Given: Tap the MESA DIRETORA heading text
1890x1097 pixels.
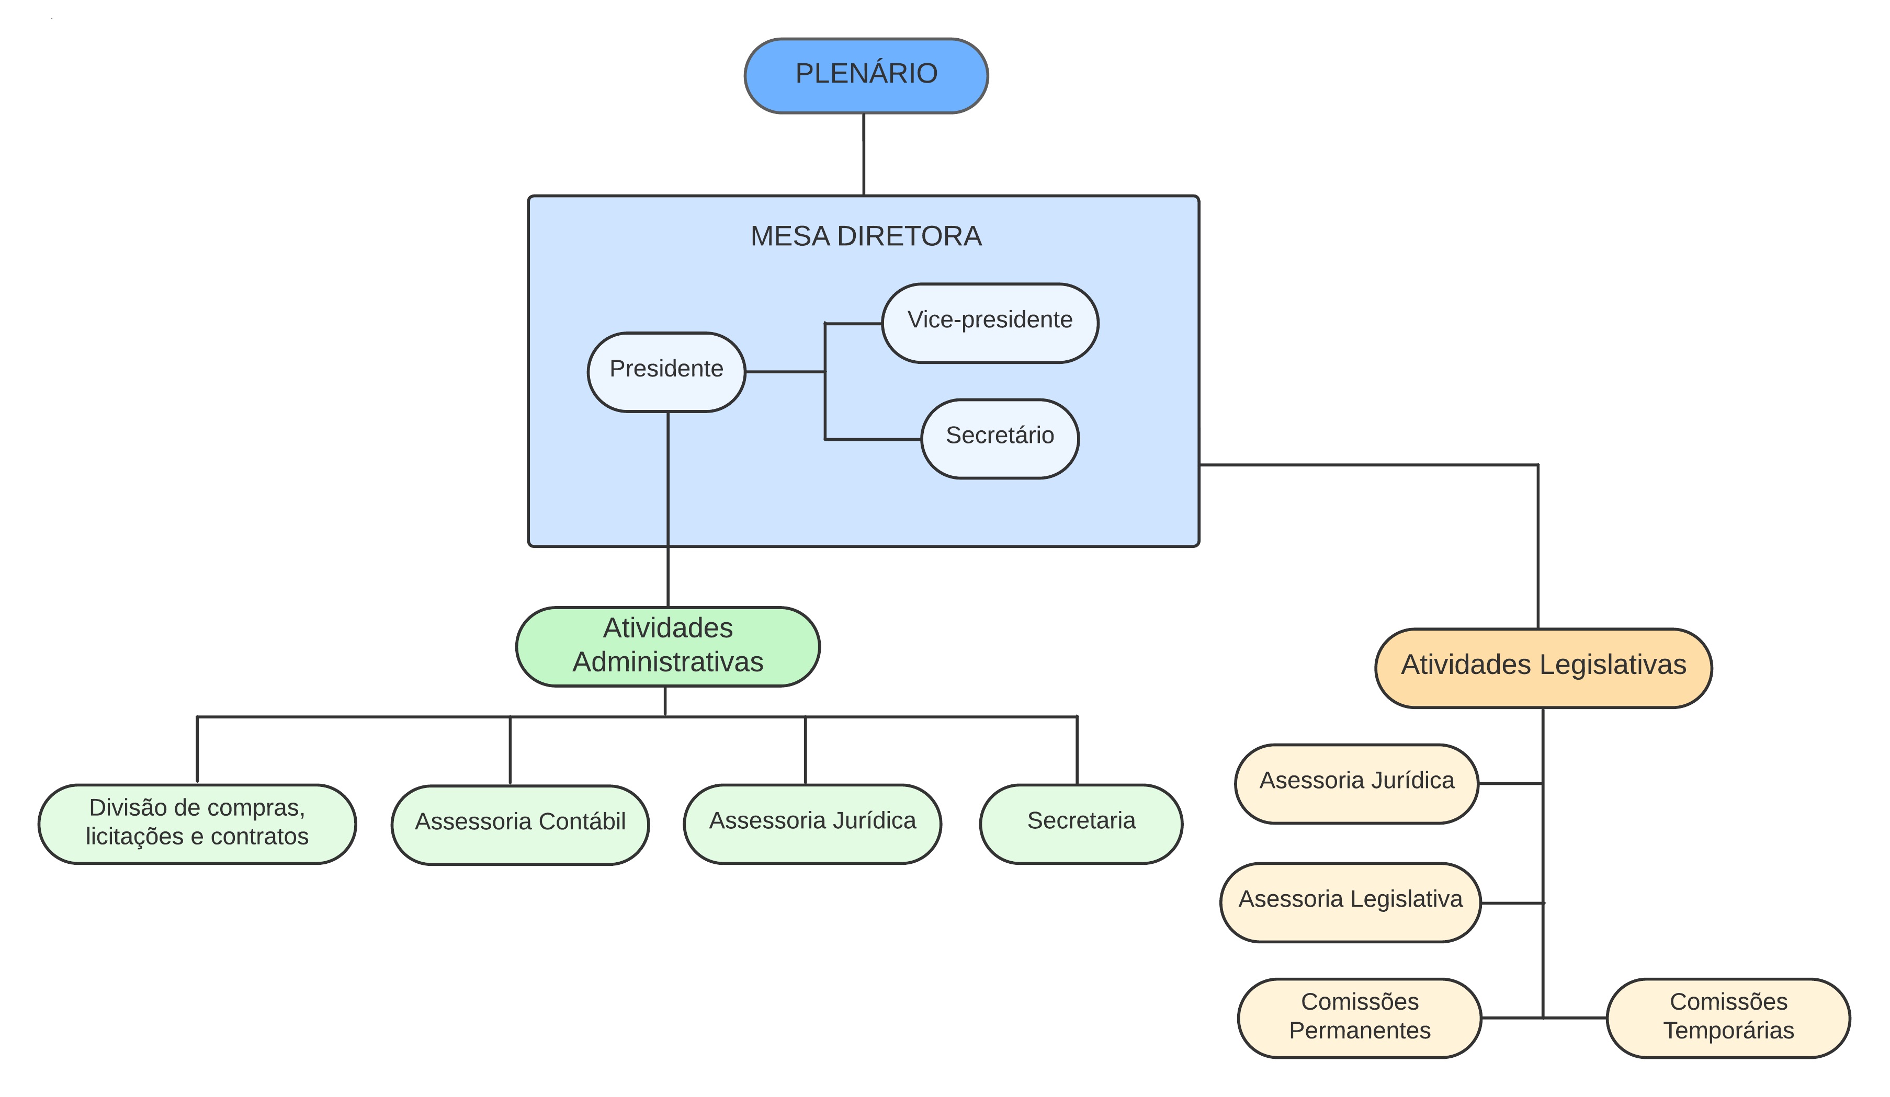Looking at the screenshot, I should tap(866, 236).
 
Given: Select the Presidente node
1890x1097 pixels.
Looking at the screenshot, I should tap(666, 372).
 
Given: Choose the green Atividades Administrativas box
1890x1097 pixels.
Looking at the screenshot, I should tap(667, 646).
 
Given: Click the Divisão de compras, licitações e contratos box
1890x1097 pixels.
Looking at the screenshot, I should tap(197, 824).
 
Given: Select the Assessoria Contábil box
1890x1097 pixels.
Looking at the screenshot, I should tap(520, 825).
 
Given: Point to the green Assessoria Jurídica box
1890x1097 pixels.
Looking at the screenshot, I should tap(812, 824).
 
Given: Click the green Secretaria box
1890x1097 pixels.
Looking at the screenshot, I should tap(1081, 824).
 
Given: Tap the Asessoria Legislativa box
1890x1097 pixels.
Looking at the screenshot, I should tap(1350, 902).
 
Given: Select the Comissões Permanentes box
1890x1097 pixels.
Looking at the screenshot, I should tap(1359, 1018).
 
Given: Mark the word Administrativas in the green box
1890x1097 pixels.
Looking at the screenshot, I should tap(667, 662).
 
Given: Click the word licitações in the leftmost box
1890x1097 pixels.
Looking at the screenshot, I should tap(133, 836).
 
